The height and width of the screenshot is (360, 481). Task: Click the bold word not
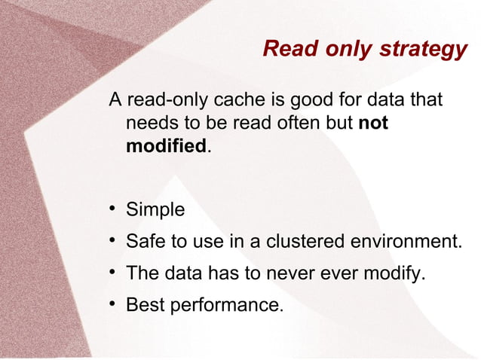[x=372, y=123]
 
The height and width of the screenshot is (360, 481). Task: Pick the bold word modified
[x=166, y=145]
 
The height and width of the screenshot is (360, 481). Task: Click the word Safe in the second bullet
[x=143, y=242]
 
